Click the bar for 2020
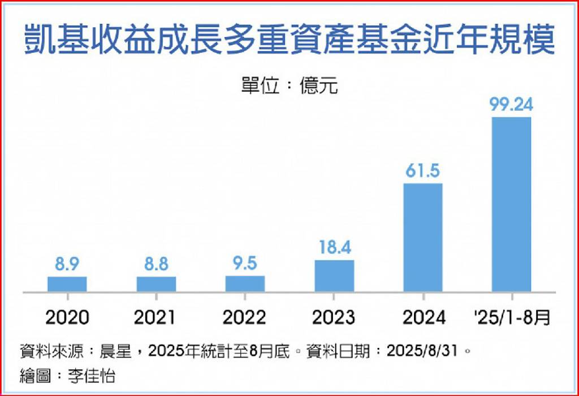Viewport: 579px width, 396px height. pyautogui.click(x=67, y=284)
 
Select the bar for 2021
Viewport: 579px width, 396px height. pyautogui.click(x=156, y=284)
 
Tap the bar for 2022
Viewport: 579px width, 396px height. pyautogui.click(x=245, y=284)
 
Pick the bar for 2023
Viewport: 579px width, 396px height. pyautogui.click(x=334, y=276)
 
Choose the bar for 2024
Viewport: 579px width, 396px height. pyautogui.click(x=423, y=238)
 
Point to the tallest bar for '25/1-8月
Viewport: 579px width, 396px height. pyautogui.click(x=512, y=204)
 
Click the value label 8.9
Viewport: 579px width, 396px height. pyautogui.click(x=67, y=264)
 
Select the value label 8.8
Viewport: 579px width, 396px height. pyautogui.click(x=156, y=264)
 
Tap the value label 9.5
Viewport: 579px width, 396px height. pyautogui.click(x=245, y=264)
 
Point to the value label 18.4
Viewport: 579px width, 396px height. pyautogui.click(x=334, y=247)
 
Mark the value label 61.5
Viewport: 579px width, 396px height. pyautogui.click(x=423, y=170)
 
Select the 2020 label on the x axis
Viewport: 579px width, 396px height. pyautogui.click(x=67, y=317)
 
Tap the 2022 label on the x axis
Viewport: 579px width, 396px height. pyautogui.click(x=245, y=317)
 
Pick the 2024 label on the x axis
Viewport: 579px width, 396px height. pyautogui.click(x=423, y=317)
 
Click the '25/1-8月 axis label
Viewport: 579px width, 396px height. pyautogui.click(x=512, y=317)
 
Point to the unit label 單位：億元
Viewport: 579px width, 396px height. pyautogui.click(x=289, y=86)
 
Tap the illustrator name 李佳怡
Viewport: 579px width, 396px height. pyautogui.click(x=94, y=374)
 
